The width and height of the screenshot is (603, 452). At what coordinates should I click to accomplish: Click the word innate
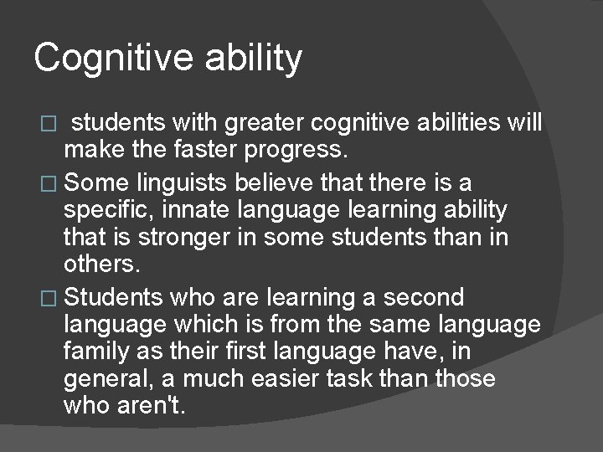206,208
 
